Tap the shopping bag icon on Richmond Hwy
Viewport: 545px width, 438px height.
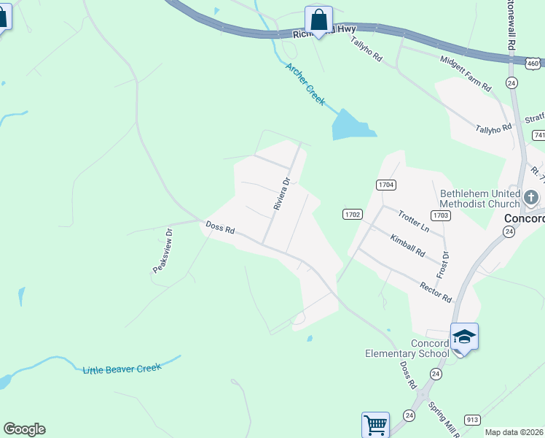[x=318, y=19]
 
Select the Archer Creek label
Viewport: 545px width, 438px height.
[x=305, y=85]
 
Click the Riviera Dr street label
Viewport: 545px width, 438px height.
[x=282, y=193]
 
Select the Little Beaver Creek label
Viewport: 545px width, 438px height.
[x=122, y=369]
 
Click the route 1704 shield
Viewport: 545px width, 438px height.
[x=386, y=185]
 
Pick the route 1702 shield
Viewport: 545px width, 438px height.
[x=353, y=214]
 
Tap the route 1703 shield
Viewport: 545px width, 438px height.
[x=440, y=215]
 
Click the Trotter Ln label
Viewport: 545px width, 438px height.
[x=413, y=220]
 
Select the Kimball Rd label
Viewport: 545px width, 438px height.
[x=407, y=246]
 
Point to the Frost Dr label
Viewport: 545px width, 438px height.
[x=442, y=264]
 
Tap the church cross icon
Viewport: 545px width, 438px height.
[x=531, y=197]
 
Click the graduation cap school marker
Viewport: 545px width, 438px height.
[x=464, y=337]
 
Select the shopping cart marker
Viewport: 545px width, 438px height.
[x=375, y=424]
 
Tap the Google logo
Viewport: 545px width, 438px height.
[x=24, y=429]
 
